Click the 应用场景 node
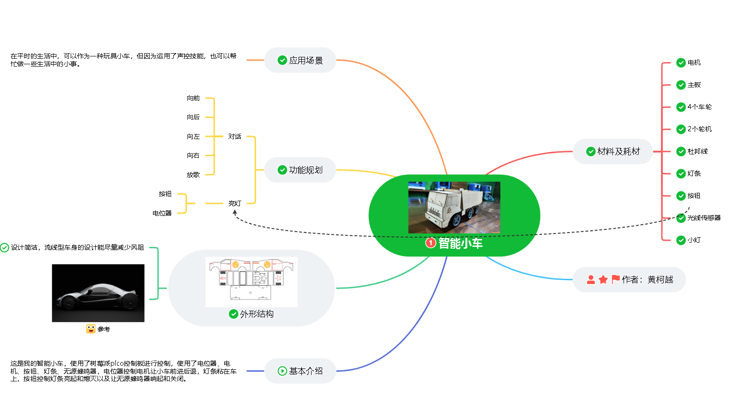click(x=300, y=60)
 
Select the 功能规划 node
click(x=300, y=170)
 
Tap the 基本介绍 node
click(x=300, y=371)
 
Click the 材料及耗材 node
click(x=613, y=151)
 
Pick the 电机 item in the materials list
click(x=694, y=62)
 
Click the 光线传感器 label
click(x=704, y=218)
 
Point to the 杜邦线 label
click(x=698, y=151)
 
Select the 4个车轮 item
click(x=700, y=107)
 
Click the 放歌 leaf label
click(x=193, y=175)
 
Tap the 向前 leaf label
click(x=193, y=98)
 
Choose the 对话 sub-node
click(x=235, y=136)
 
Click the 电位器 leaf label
click(x=162, y=213)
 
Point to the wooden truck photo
click(x=454, y=208)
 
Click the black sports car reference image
click(x=98, y=293)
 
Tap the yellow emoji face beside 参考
click(x=91, y=329)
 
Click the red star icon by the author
click(x=603, y=280)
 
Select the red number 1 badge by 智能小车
click(x=430, y=243)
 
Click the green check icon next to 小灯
click(x=681, y=240)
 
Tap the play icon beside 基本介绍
click(x=282, y=371)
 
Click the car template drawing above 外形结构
click(x=252, y=282)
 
